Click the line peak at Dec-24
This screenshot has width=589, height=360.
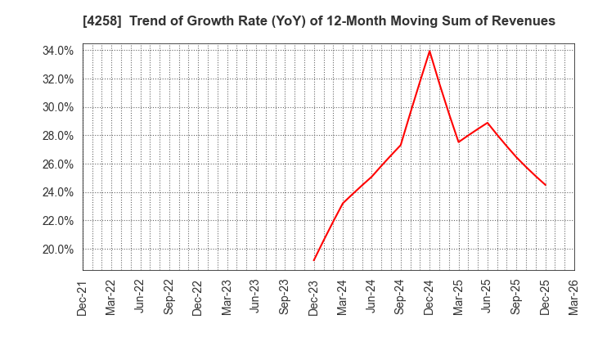tap(429, 51)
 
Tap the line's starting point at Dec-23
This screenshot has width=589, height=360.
tap(313, 261)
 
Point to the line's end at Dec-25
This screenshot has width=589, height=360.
tap(546, 185)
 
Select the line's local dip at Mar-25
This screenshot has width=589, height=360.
tap(458, 142)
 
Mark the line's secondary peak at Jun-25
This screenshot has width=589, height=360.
tap(488, 123)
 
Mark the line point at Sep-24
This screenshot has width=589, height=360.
tap(400, 146)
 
